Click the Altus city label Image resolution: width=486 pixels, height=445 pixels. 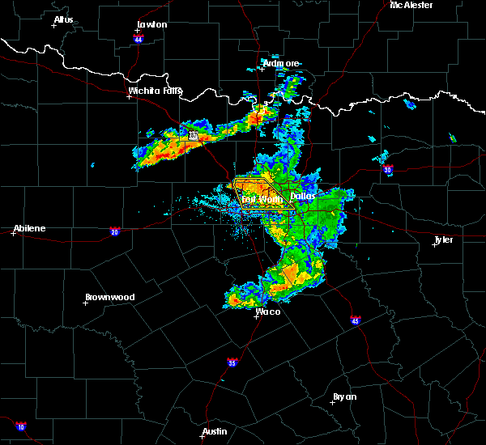click(x=63, y=19)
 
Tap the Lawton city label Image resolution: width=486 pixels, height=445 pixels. click(x=151, y=24)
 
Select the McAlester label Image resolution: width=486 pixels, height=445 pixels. click(x=411, y=5)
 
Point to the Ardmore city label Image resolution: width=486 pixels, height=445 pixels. click(x=281, y=63)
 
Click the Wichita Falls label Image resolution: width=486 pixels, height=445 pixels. click(x=156, y=91)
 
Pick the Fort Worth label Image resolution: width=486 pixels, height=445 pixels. click(x=261, y=198)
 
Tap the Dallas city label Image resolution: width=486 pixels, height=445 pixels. click(x=302, y=196)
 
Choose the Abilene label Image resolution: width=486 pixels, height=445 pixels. click(x=28, y=228)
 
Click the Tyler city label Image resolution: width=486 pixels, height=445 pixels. click(x=443, y=239)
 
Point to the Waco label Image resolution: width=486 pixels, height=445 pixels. click(x=268, y=311)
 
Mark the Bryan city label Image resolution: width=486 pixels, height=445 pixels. click(x=344, y=396)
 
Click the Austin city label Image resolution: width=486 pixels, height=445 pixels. click(x=215, y=431)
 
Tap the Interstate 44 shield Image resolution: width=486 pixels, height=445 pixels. click(x=139, y=39)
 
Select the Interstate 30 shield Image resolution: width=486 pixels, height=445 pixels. click(x=389, y=170)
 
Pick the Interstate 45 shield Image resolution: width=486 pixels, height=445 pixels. click(x=356, y=321)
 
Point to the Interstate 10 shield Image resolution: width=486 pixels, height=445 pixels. click(x=19, y=426)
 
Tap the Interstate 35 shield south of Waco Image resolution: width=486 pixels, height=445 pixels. click(x=232, y=362)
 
